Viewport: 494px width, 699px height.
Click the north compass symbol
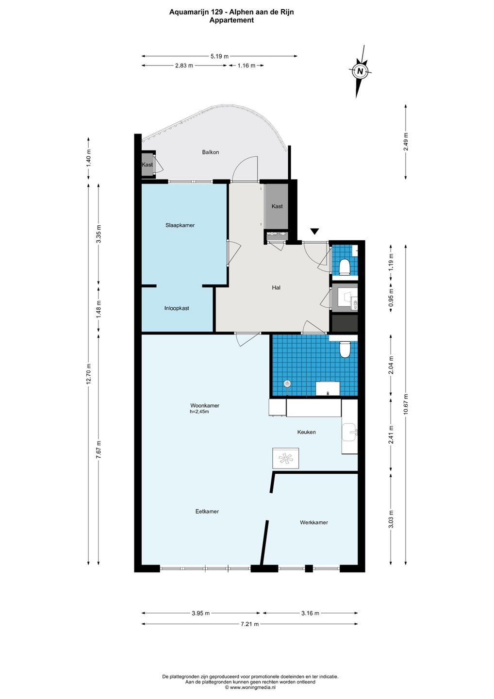[x=360, y=71]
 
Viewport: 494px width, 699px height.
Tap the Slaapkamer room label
[x=180, y=225]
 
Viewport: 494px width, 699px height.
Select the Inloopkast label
[x=177, y=308]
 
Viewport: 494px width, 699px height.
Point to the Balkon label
[x=211, y=152]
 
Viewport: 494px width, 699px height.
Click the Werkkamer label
[x=314, y=522]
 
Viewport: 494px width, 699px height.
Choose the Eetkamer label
[x=207, y=512]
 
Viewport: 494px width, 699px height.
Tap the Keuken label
[x=306, y=432]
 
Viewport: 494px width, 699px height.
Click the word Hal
[x=276, y=288]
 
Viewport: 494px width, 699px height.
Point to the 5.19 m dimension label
[x=219, y=56]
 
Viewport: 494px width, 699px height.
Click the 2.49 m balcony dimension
[x=405, y=142]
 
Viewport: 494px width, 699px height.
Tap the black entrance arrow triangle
[x=314, y=231]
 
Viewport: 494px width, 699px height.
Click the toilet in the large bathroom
[x=345, y=349]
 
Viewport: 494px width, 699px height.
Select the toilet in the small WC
[x=345, y=267]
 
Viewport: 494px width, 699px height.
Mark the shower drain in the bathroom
[x=287, y=383]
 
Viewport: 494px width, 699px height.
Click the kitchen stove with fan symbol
[x=286, y=458]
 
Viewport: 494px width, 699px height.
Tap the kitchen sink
[x=350, y=432]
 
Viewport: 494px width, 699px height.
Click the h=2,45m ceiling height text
[x=199, y=412]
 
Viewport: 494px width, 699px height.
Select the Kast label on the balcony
[x=147, y=165]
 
